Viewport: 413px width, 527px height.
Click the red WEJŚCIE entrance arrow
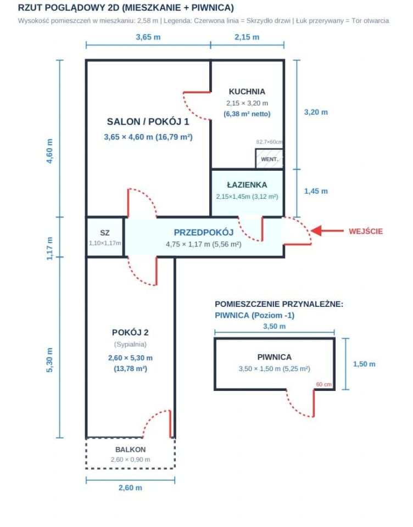(x=327, y=231)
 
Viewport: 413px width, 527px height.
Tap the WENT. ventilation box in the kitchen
(x=270, y=159)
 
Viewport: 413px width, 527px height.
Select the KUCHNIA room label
(x=247, y=92)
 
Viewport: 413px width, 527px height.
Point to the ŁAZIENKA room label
(x=247, y=184)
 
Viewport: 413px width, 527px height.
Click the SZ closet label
(x=104, y=233)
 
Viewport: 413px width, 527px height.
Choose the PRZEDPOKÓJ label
(x=203, y=232)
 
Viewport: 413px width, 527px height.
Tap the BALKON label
(x=131, y=450)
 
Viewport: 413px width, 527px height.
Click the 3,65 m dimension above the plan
(x=148, y=37)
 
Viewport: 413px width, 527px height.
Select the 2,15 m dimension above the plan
(x=247, y=37)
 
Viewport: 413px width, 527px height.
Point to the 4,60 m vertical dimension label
(x=49, y=151)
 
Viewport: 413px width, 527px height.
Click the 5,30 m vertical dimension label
(x=49, y=360)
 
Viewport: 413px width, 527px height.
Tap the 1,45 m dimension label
(x=316, y=191)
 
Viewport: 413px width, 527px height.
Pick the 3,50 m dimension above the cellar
(x=275, y=326)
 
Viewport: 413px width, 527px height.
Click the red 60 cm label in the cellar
(x=323, y=384)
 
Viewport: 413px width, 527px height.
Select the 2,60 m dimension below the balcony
(x=130, y=487)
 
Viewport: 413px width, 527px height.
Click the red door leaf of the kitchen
(x=197, y=92)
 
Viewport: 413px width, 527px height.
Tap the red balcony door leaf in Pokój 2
(x=170, y=424)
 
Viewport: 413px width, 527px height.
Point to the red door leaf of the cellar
(x=314, y=403)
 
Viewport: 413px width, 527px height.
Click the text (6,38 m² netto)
(x=247, y=114)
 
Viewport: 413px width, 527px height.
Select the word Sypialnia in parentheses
(x=130, y=344)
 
